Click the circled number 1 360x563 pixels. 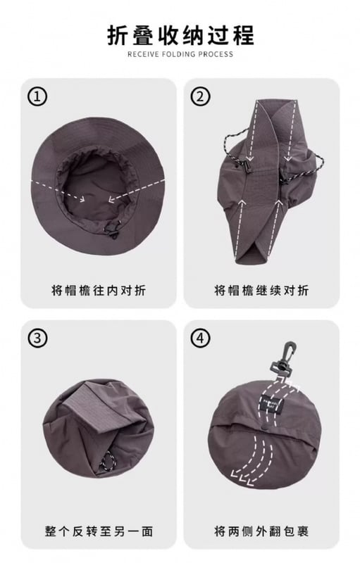(37, 96)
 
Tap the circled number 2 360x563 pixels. (200, 96)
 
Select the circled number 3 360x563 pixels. (37, 339)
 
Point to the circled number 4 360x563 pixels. (200, 339)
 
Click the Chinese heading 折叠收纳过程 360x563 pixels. (181, 35)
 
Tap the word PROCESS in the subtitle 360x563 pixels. (216, 54)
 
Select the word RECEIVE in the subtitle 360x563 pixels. (143, 54)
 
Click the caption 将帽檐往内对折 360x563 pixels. (99, 290)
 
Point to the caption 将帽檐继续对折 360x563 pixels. (261, 290)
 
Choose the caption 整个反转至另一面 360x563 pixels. (99, 531)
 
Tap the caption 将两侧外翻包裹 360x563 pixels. (261, 531)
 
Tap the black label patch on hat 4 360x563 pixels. (271, 405)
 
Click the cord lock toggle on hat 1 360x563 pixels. (112, 230)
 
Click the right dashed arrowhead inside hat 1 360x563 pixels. (112, 198)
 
